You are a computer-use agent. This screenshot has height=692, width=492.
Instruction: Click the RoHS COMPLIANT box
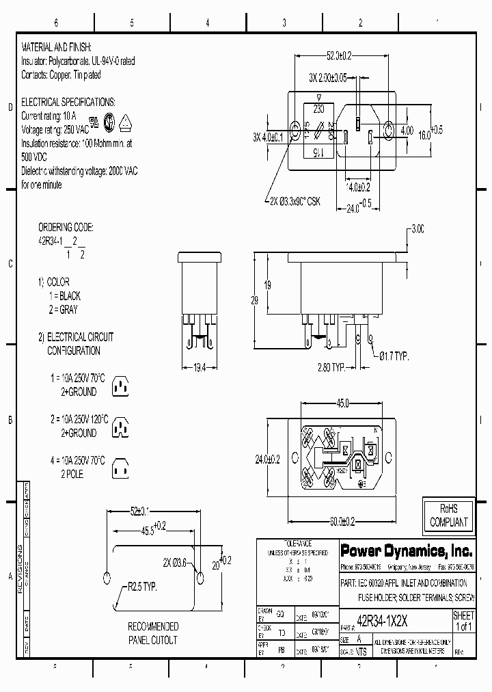click(448, 515)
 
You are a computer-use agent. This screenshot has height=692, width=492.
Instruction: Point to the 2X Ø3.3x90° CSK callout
click(295, 201)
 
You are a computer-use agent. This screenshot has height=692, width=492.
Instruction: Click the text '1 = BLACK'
click(64, 295)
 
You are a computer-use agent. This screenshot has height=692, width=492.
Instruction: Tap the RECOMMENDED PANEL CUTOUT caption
click(153, 633)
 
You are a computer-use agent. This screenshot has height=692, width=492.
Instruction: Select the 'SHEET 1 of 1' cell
click(463, 621)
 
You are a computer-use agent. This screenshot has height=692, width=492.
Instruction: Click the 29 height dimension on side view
click(254, 300)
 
